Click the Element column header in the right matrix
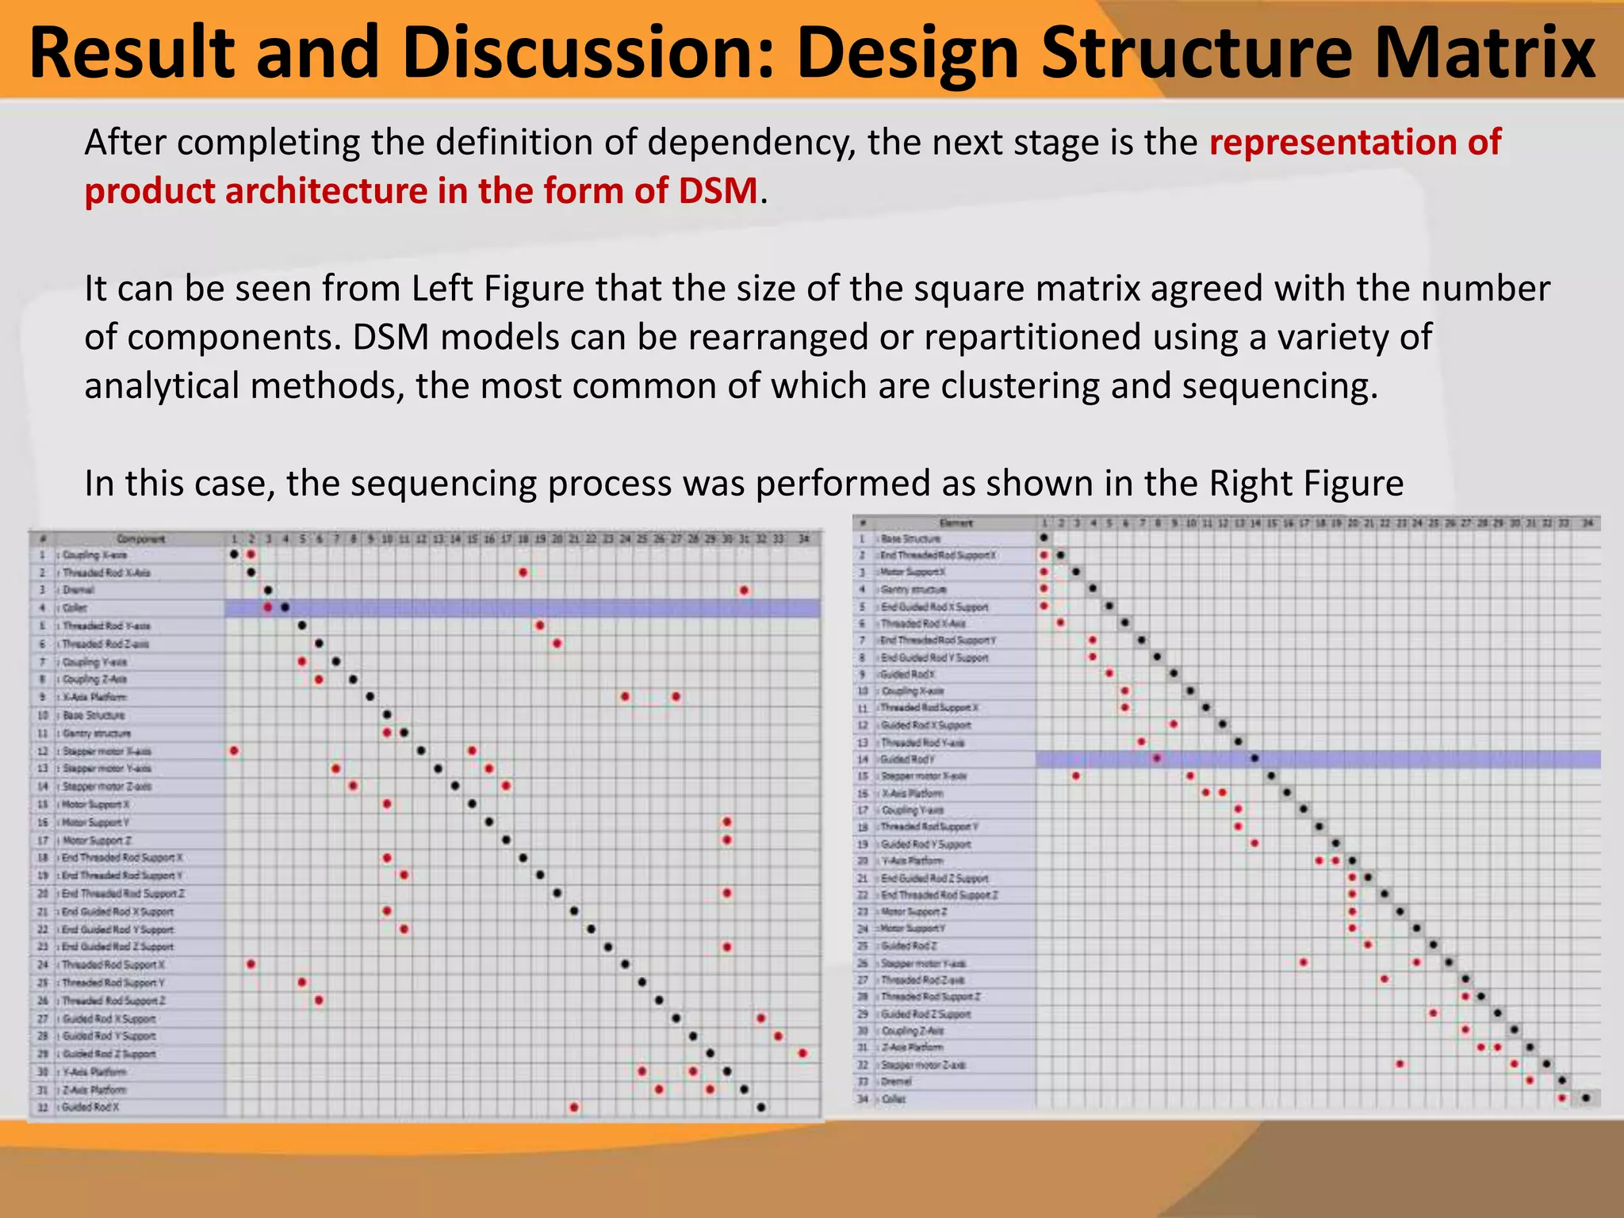956,523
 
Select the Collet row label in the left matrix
75,608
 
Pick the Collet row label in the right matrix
893,1099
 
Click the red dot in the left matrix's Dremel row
744,590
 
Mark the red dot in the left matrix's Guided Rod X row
574,1107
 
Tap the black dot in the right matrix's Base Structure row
1044,538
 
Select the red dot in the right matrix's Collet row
1561,1098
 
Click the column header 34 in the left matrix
803,539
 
